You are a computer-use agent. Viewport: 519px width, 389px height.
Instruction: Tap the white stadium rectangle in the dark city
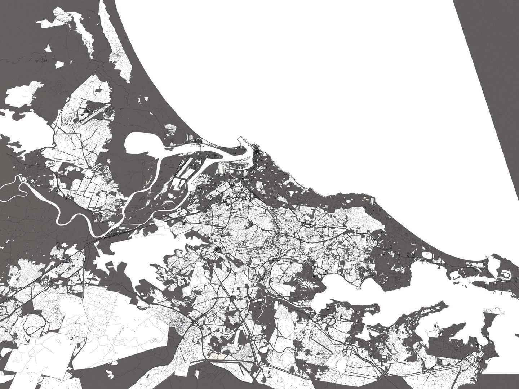click(259, 185)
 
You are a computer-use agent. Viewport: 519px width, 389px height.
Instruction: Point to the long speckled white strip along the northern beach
click(115, 43)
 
